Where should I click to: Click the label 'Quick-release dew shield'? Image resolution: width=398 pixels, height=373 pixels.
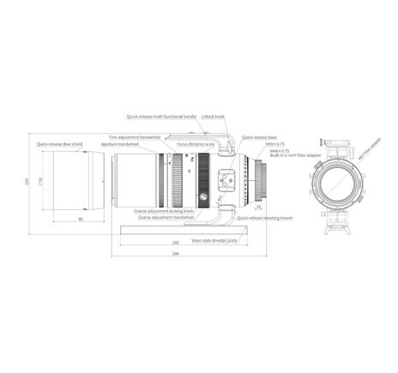tap(59, 144)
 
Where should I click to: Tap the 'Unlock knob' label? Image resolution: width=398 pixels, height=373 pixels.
tap(214, 117)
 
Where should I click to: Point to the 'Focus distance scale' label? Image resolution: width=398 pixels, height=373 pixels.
tap(195, 144)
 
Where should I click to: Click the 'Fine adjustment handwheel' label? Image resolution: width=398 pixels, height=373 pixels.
tap(136, 137)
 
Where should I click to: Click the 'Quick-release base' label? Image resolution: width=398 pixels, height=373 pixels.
tap(259, 137)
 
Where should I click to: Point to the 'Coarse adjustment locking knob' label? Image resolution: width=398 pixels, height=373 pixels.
tap(164, 210)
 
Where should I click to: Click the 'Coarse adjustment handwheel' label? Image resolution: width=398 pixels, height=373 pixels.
tap(166, 218)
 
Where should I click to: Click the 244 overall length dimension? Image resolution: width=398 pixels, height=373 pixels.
tap(175, 255)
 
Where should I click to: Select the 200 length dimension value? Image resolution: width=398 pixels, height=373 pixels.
tap(175, 243)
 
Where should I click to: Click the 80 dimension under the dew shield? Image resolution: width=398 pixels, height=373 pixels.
tap(80, 220)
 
